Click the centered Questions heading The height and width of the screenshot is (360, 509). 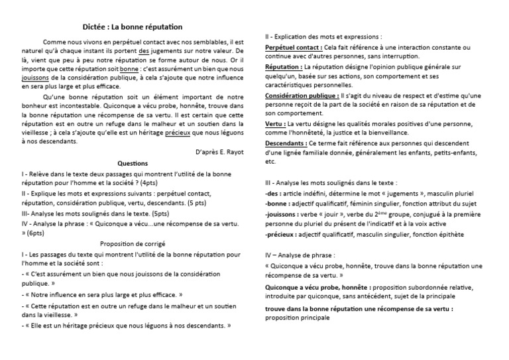133,162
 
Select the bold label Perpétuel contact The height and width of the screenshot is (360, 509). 294,48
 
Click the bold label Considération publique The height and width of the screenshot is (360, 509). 301,95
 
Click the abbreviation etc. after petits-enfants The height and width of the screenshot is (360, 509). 270,162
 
